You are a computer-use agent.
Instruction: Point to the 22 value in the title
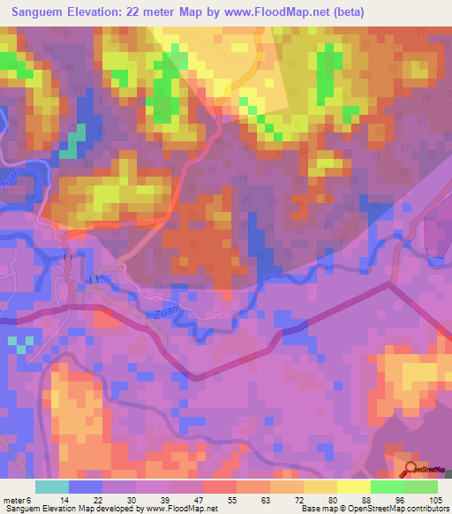coord(141,12)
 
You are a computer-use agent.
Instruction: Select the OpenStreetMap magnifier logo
coord(412,469)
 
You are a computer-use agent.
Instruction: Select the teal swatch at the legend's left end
coord(52,487)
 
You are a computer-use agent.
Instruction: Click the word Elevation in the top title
coord(94,12)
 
